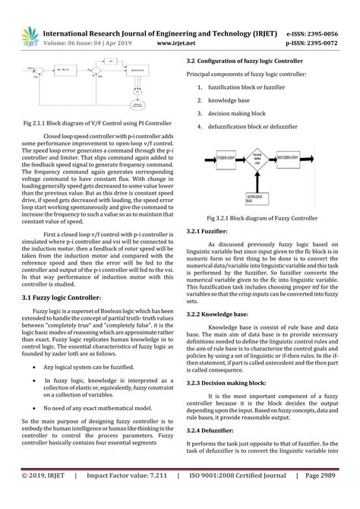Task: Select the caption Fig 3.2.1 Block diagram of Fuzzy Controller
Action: (265, 217)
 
